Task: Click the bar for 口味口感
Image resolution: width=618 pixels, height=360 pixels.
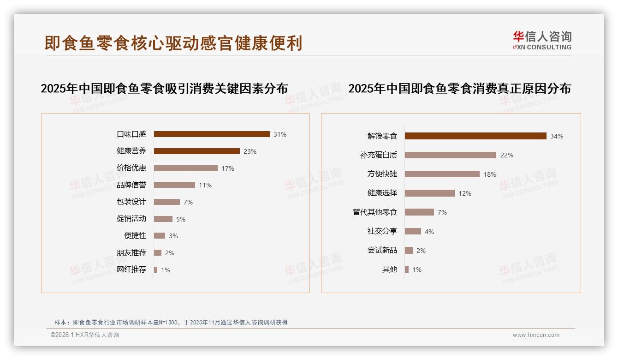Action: pyautogui.click(x=212, y=134)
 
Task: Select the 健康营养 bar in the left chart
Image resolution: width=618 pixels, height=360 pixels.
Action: pyautogui.click(x=196, y=151)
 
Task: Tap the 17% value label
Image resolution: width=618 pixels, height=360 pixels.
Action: pyautogui.click(x=228, y=168)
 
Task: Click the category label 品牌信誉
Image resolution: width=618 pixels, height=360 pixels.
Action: pyautogui.click(x=131, y=185)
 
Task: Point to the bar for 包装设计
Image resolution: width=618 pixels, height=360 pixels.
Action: pyautogui.click(x=166, y=202)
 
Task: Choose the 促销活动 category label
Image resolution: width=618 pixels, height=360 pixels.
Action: pyautogui.click(x=131, y=219)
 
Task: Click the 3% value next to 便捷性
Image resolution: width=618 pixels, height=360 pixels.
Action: pyautogui.click(x=173, y=236)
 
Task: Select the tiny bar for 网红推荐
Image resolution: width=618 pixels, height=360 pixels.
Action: pyautogui.click(x=155, y=270)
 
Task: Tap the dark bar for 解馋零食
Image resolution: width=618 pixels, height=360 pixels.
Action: pyautogui.click(x=475, y=136)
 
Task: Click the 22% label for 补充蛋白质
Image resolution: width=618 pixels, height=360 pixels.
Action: pyautogui.click(x=506, y=155)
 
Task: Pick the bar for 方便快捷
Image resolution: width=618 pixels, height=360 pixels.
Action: pyautogui.click(x=442, y=174)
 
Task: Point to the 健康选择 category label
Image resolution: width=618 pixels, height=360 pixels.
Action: pyautogui.click(x=382, y=193)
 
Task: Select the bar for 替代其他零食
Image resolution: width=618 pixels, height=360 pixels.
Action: pyautogui.click(x=419, y=212)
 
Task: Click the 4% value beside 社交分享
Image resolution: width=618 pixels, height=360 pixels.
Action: pyautogui.click(x=429, y=232)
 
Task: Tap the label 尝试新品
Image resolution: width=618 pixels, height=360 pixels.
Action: pyautogui.click(x=382, y=250)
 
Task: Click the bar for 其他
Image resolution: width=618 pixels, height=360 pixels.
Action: pyautogui.click(x=407, y=270)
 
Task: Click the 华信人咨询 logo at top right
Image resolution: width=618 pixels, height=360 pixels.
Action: pyautogui.click(x=542, y=41)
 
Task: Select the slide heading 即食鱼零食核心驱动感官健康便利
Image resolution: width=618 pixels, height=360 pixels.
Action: pyautogui.click(x=173, y=43)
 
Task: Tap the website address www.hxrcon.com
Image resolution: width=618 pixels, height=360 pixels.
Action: pyautogui.click(x=536, y=335)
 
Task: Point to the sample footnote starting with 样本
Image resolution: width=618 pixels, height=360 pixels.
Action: pyautogui.click(x=171, y=323)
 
